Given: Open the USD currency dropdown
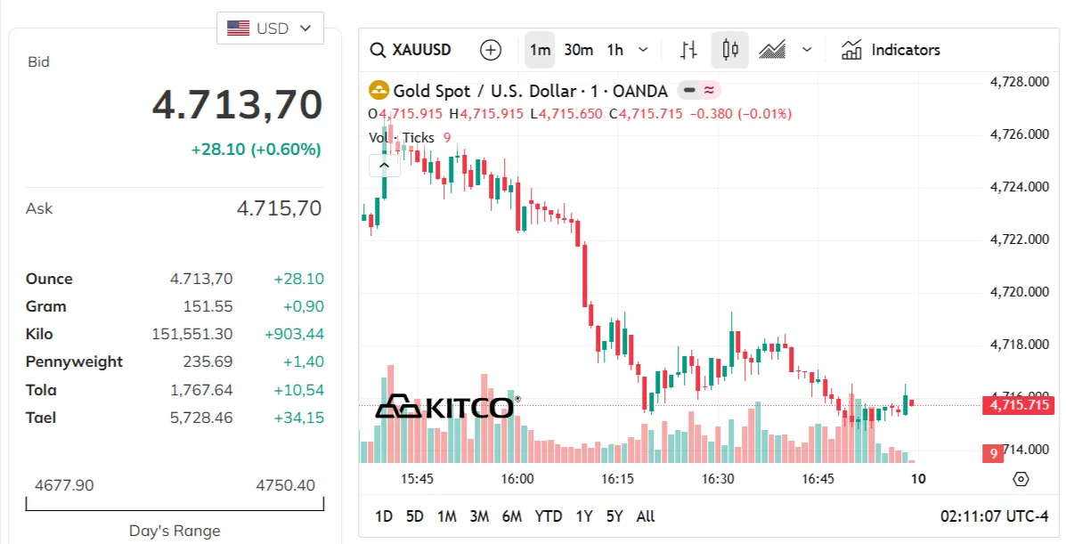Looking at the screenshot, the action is (x=270, y=28).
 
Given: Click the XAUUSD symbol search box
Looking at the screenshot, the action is (x=411, y=50).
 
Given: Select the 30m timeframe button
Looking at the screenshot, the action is (x=579, y=50).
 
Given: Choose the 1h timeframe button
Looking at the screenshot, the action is (x=615, y=50).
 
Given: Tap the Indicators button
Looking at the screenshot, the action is (x=891, y=50).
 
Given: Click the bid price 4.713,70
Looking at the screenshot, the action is (x=237, y=105).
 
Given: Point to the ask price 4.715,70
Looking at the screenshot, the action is (x=279, y=208).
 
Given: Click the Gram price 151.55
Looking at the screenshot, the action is (x=208, y=306).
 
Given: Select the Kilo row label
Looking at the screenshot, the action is (x=39, y=334).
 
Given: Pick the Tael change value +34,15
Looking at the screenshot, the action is (x=299, y=418).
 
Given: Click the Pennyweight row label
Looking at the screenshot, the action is (x=74, y=361).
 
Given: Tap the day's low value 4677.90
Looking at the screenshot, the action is (x=65, y=485).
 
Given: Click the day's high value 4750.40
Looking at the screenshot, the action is (x=286, y=485).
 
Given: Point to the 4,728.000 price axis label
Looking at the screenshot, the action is (x=1020, y=82).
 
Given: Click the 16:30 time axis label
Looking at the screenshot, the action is (x=718, y=479).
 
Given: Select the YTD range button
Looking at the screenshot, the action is (x=549, y=516).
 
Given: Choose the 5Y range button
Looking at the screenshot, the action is (x=614, y=516).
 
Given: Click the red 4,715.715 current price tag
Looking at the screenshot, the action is (x=1018, y=405).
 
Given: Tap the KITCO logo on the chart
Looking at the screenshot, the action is (x=447, y=407).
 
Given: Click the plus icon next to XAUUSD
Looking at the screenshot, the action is (x=491, y=50).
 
